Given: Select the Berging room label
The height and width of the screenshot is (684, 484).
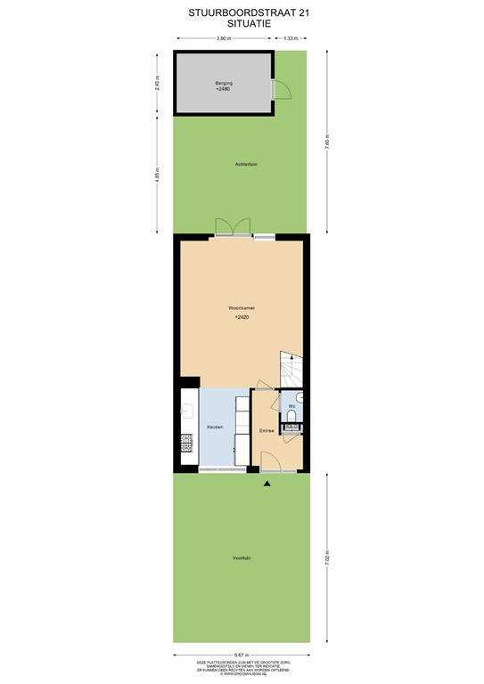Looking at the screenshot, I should pyautogui.click(x=222, y=84).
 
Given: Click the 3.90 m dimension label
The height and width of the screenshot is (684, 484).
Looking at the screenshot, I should pyautogui.click(x=223, y=39).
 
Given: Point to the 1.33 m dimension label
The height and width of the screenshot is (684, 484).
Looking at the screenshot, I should pyautogui.click(x=290, y=39).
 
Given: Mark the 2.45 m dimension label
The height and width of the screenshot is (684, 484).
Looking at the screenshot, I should pyautogui.click(x=157, y=82).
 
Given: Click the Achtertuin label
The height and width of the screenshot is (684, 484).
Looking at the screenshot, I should pyautogui.click(x=246, y=165).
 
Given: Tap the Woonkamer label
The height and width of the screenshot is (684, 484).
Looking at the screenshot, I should pyautogui.click(x=242, y=308).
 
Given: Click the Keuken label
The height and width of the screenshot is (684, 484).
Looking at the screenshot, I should pyautogui.click(x=215, y=427).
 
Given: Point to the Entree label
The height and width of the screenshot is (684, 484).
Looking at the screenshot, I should pyautogui.click(x=266, y=432).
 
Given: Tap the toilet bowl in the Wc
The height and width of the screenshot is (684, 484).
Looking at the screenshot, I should pyautogui.click(x=292, y=413).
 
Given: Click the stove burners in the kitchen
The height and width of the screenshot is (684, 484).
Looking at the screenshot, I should pyautogui.click(x=187, y=442).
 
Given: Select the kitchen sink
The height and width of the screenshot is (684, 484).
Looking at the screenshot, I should pyautogui.click(x=187, y=411).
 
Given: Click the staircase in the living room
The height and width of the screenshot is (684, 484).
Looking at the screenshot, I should pyautogui.click(x=291, y=367).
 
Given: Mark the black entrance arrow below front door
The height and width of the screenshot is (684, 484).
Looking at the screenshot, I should pyautogui.click(x=267, y=483).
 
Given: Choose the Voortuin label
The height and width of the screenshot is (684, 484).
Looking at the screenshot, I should pyautogui.click(x=241, y=558).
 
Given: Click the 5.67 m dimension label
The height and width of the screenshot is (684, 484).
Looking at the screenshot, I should pyautogui.click(x=241, y=655).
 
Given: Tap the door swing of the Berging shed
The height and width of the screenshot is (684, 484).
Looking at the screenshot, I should pyautogui.click(x=279, y=88).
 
